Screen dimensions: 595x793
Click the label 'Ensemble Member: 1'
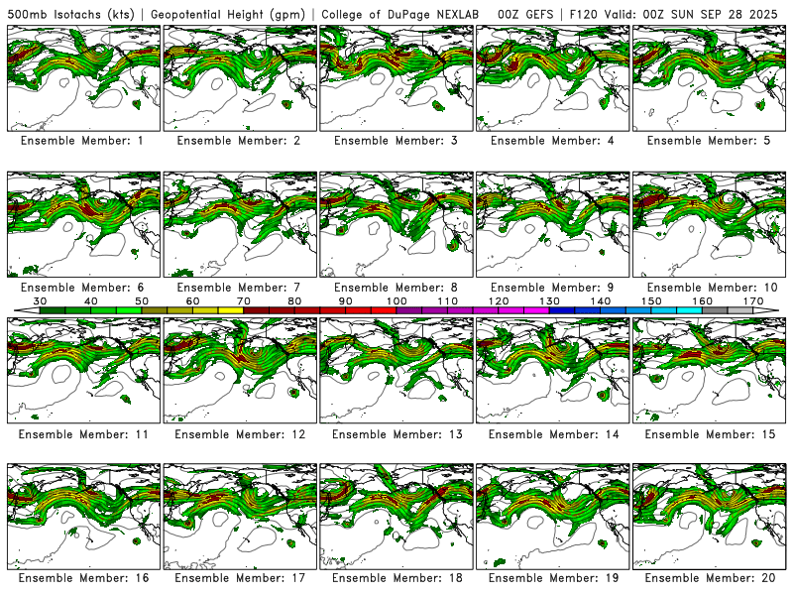81,141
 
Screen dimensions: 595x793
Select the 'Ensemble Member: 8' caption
395,288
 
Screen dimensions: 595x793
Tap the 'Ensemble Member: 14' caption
551,434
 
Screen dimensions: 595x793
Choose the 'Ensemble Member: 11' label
81,434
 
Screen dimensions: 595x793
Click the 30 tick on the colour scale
41,300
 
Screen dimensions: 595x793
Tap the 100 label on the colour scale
396,300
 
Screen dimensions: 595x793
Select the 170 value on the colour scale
752,300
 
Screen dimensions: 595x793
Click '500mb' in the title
27,13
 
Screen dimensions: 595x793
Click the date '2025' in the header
766,13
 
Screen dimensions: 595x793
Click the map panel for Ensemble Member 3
395,77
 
